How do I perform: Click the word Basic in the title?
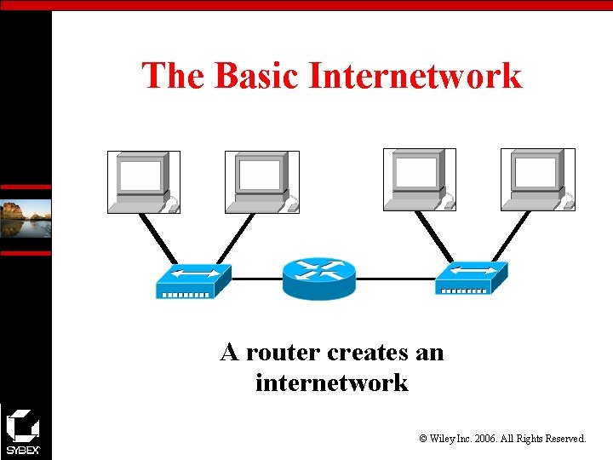point(257,75)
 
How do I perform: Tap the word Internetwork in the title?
point(415,75)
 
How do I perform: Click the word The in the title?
point(175,75)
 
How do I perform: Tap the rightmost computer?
point(537,179)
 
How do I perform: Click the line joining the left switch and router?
point(256,279)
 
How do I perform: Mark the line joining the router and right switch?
point(395,279)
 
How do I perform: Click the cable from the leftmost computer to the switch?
point(158,238)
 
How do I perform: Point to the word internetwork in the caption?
point(332,382)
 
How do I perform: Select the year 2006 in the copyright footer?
point(477,440)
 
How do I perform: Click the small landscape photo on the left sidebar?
point(26,218)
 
